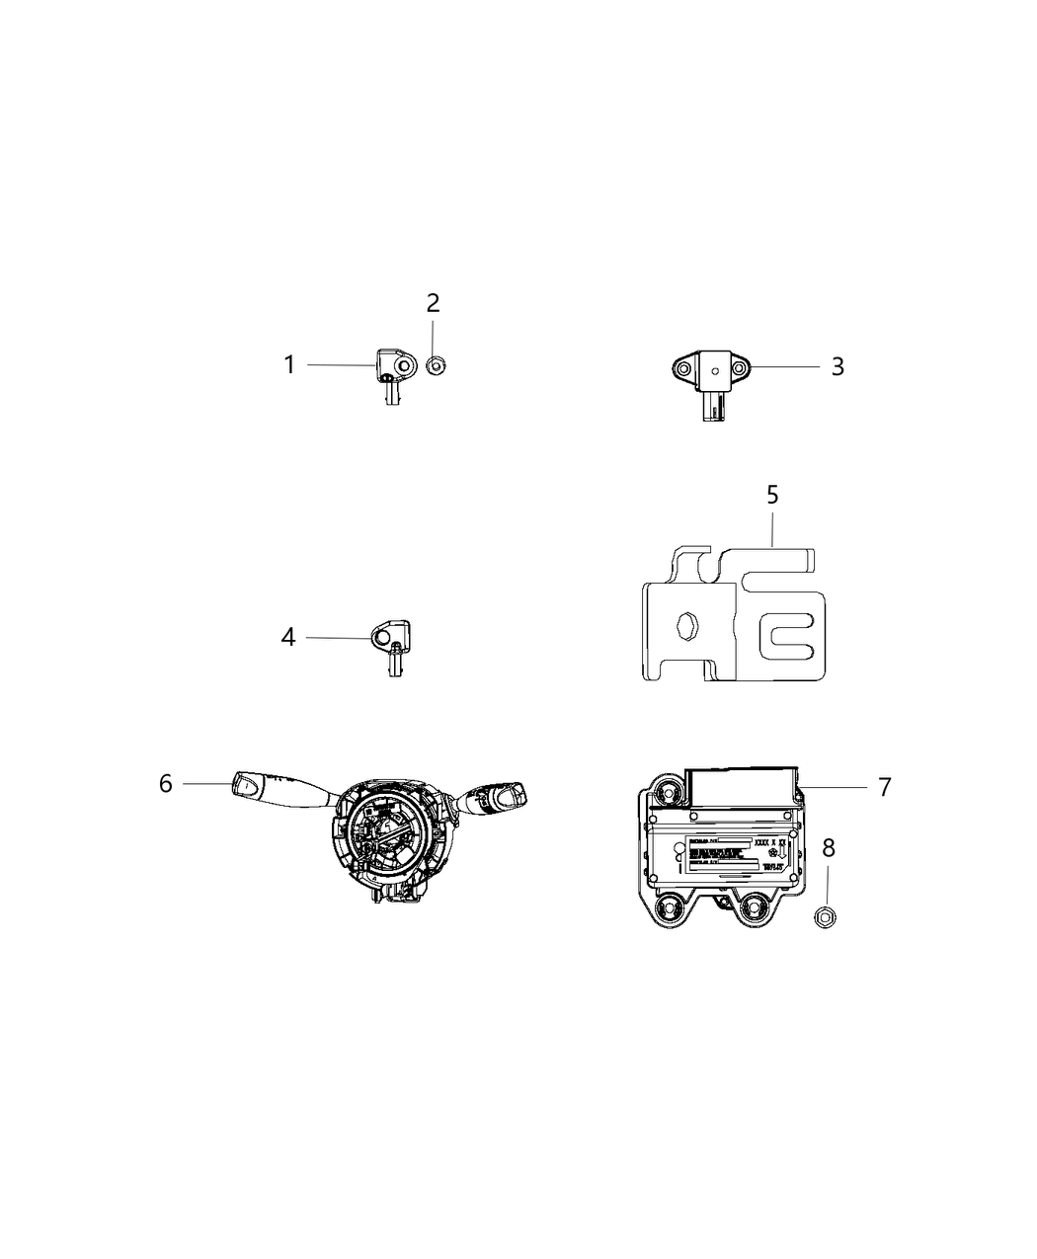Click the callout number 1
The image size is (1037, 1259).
click(289, 365)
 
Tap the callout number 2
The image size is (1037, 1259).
click(433, 303)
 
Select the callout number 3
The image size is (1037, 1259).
click(837, 366)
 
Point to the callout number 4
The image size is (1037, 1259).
click(287, 638)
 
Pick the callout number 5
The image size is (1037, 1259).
click(772, 495)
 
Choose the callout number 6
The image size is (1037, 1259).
click(166, 783)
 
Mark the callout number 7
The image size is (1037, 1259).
click(884, 787)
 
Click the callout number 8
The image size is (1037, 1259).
click(828, 846)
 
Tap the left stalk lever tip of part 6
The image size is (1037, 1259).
click(246, 785)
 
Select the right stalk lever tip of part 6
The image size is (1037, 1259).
click(515, 793)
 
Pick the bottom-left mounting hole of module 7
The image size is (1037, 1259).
click(669, 908)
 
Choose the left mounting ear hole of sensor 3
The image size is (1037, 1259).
click(679, 370)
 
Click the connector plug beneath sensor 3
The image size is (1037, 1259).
click(714, 406)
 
